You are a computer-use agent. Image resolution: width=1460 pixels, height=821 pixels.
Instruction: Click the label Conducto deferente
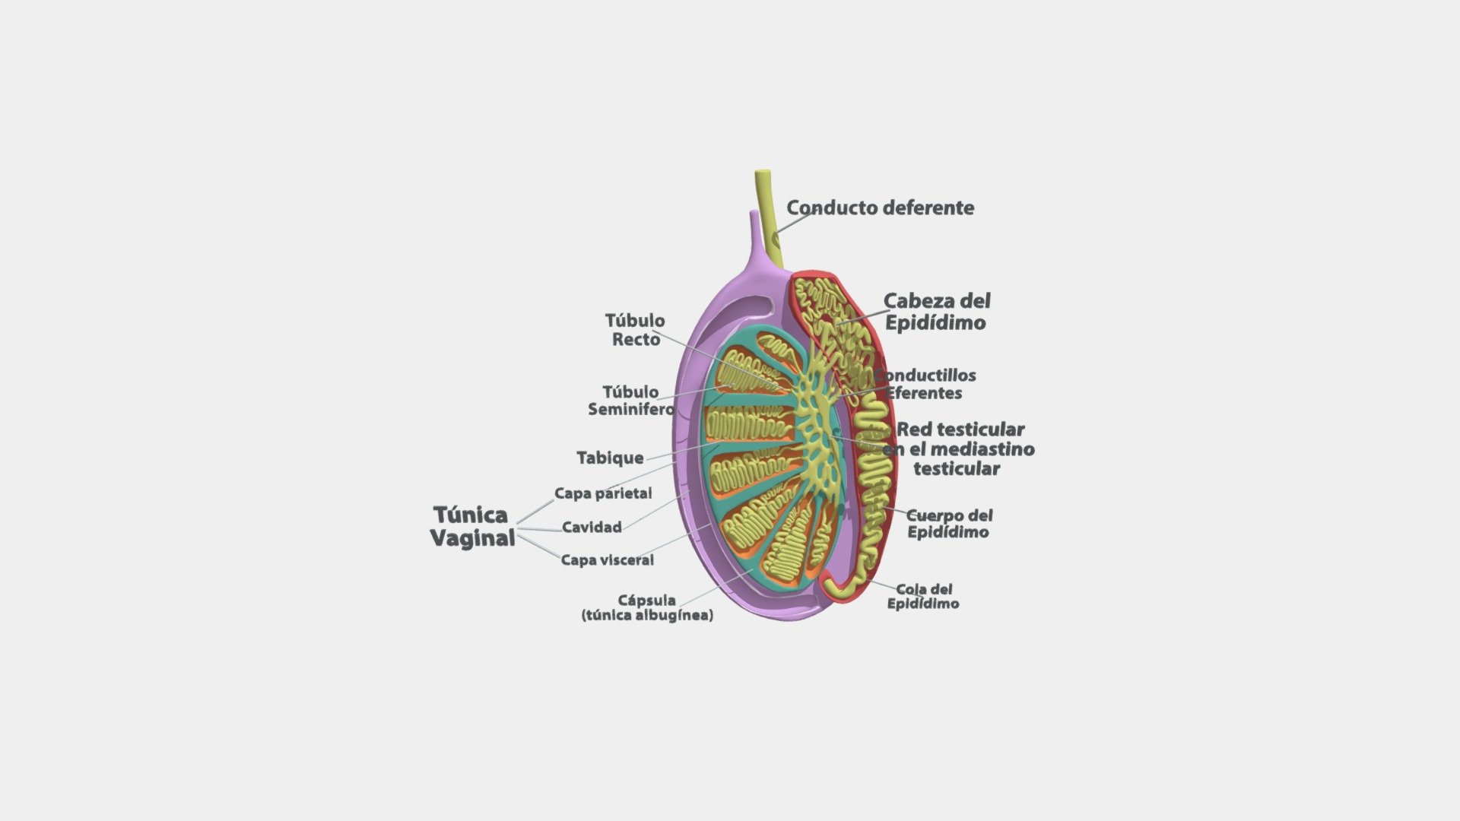(880, 208)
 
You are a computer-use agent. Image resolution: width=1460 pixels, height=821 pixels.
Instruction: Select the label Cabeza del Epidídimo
(937, 312)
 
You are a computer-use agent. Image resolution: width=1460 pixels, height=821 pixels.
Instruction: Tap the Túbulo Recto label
(635, 330)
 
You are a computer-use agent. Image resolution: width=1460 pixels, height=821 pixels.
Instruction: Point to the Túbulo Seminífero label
(631, 401)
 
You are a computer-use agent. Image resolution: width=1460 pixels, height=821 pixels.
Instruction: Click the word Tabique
(610, 458)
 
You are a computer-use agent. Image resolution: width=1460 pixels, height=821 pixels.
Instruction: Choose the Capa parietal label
(603, 493)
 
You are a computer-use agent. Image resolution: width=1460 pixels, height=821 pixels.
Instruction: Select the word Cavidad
(592, 527)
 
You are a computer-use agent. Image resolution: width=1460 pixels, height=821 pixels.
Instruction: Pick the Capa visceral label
(607, 560)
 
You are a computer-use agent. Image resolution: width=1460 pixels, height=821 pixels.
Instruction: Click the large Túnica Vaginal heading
(473, 526)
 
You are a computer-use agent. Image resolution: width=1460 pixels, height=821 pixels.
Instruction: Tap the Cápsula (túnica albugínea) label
(647, 607)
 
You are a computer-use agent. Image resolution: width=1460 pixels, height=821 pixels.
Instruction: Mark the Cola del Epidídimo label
(923, 596)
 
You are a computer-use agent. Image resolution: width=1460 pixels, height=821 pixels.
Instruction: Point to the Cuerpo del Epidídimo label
(949, 524)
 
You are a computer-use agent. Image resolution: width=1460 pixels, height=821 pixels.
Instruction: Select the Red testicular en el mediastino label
(958, 449)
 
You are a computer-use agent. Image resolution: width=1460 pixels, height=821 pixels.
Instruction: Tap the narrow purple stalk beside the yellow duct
(754, 236)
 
